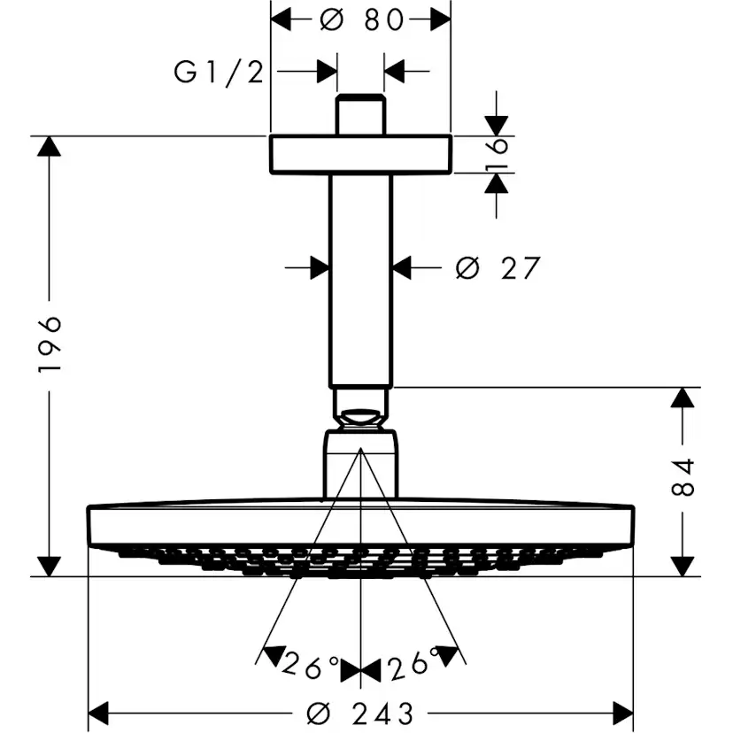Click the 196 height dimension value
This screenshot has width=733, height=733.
pyautogui.click(x=50, y=343)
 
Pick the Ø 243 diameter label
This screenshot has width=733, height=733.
pyautogui.click(x=364, y=712)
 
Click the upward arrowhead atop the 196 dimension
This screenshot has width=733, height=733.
pyautogui.click(x=50, y=146)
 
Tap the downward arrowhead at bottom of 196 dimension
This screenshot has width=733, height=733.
pyautogui.click(x=50, y=566)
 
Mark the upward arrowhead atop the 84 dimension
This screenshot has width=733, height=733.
pyautogui.click(x=682, y=397)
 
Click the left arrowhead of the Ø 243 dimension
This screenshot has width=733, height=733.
pyautogui.click(x=98, y=712)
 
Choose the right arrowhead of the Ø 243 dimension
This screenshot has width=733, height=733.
pyautogui.click(x=623, y=712)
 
